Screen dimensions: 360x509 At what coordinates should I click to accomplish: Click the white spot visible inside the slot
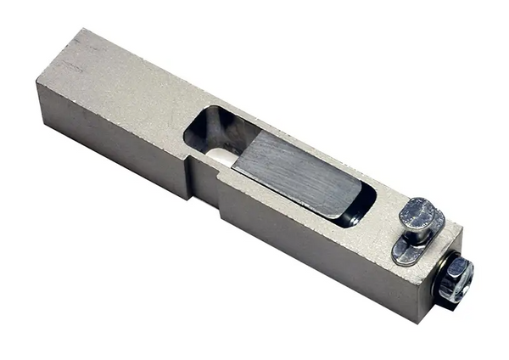pyautogui.click(x=222, y=158)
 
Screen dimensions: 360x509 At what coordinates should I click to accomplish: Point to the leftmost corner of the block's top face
pyautogui.click(x=37, y=82)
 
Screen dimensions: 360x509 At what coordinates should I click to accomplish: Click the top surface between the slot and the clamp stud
pyautogui.click(x=386, y=204)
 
